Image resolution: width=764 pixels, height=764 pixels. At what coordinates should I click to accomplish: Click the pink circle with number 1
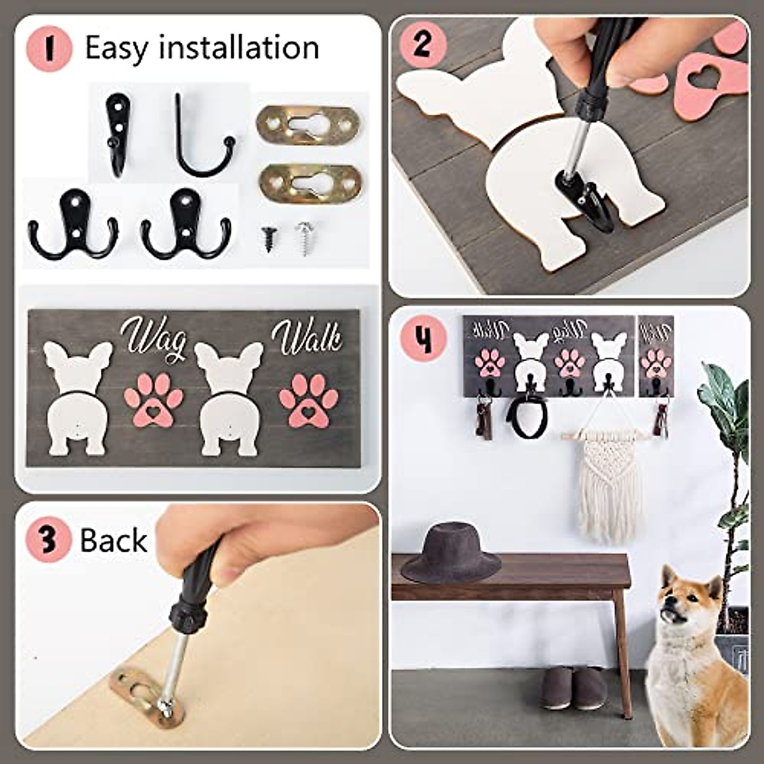[x=50, y=49]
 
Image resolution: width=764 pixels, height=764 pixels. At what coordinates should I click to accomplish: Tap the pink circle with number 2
[x=422, y=45]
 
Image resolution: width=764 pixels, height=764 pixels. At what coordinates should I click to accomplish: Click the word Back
[x=113, y=541]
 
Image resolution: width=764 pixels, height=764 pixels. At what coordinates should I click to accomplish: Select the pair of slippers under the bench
[x=574, y=688]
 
